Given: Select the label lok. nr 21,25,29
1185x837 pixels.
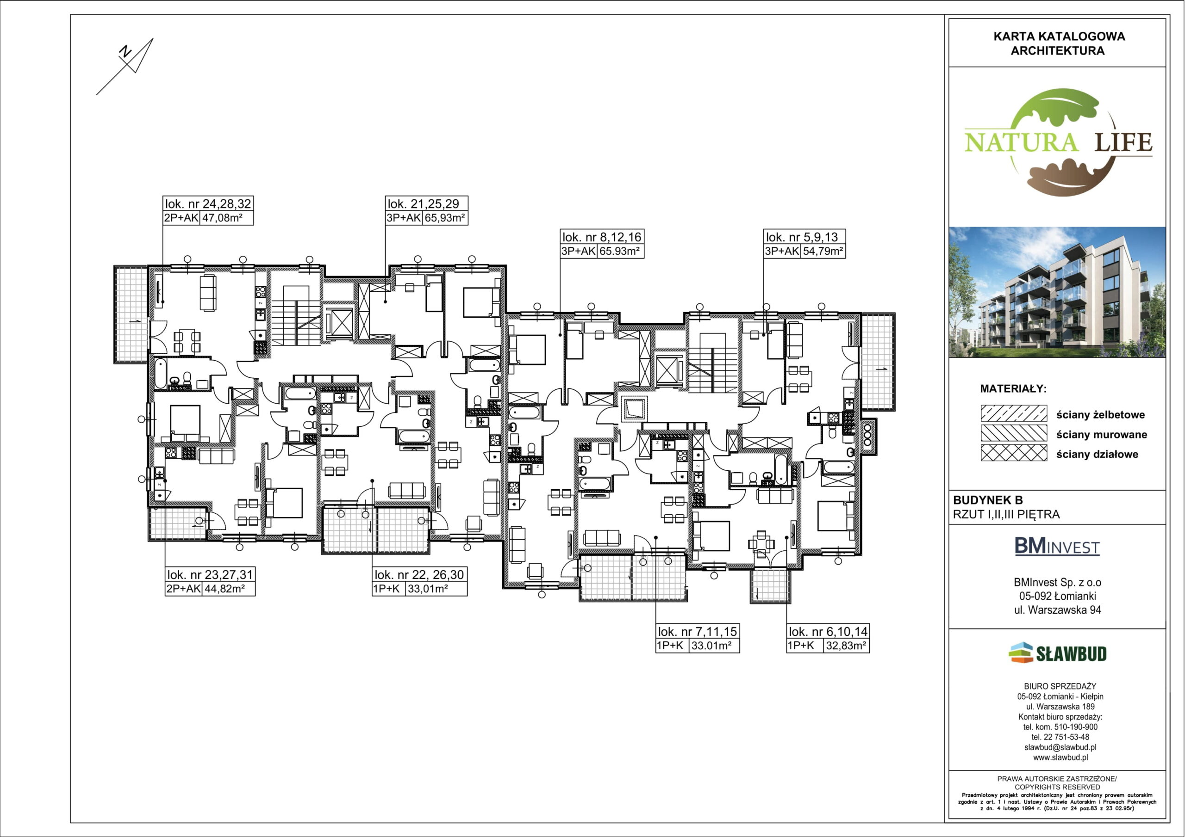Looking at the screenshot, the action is point(423,204).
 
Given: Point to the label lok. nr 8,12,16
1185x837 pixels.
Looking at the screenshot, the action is point(602,237).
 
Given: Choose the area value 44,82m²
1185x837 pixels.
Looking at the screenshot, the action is point(224,588).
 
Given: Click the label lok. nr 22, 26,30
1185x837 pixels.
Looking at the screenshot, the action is point(419,574).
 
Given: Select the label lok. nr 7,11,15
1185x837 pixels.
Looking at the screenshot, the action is point(697,631).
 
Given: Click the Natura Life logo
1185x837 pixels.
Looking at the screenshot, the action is point(1058,142).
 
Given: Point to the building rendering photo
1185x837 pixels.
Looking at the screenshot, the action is point(1057,292).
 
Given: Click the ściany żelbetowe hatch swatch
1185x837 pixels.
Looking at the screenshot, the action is point(1014,413).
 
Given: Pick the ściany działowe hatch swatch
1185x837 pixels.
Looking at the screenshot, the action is point(1014,453).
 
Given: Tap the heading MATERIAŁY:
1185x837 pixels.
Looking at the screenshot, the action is point(1013,389).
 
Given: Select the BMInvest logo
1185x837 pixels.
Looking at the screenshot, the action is point(1057,546).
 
